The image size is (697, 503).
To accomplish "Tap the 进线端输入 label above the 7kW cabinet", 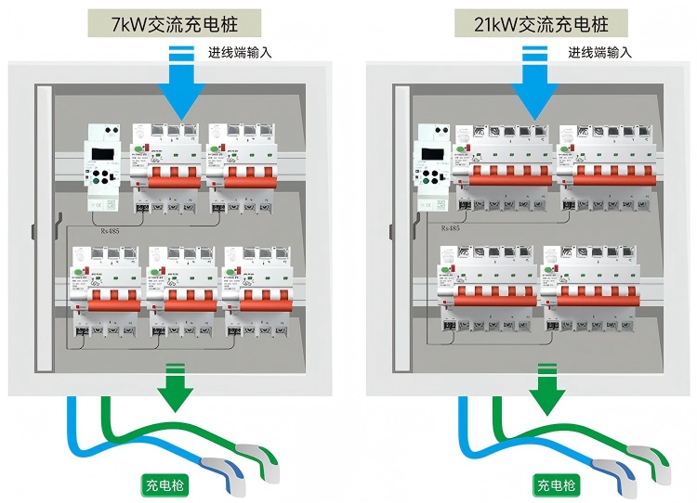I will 240,53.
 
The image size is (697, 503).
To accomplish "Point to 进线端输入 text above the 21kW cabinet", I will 600,53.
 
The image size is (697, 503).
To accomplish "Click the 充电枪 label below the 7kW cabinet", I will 165,484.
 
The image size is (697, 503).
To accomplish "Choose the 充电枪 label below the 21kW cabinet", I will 556,484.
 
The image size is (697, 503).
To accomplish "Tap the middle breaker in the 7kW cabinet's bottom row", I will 182,292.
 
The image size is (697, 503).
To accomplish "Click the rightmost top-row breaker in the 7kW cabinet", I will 242,167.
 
